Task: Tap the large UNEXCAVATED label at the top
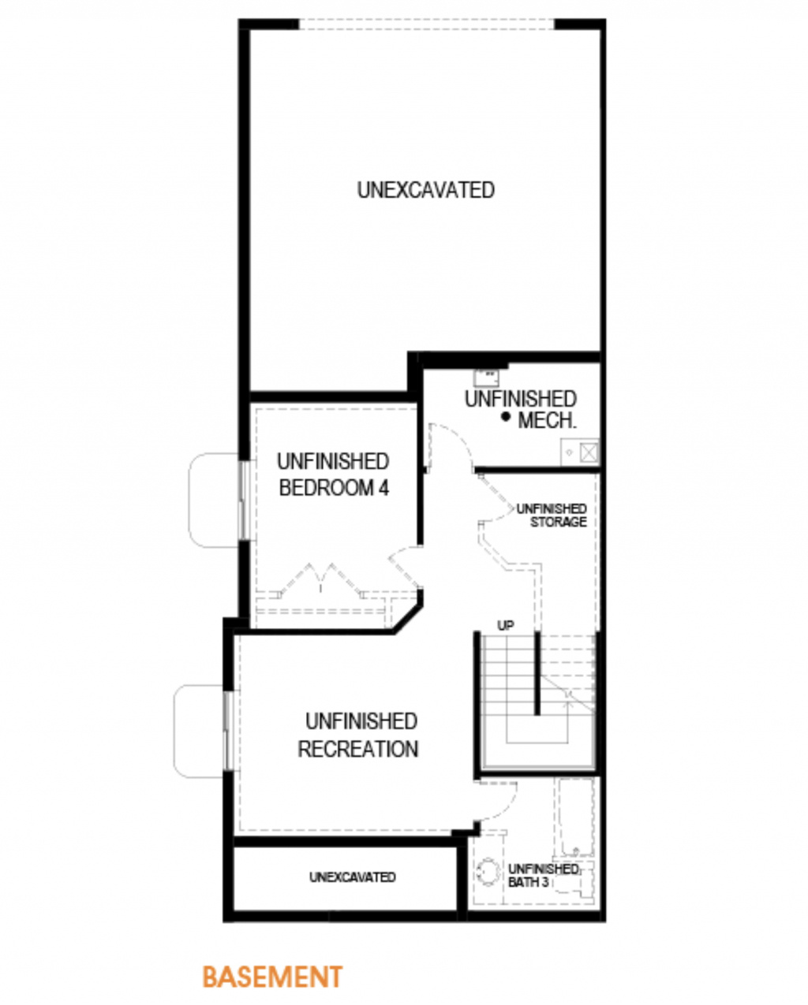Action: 425,190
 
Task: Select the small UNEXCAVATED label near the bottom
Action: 353,877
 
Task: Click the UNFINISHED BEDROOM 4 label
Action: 333,475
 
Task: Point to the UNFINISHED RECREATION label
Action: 359,735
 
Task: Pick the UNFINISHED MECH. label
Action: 521,410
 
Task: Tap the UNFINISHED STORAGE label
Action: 552,515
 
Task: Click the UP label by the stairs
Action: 506,625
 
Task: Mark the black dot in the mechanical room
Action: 506,416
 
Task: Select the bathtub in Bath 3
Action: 574,817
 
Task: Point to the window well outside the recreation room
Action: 200,731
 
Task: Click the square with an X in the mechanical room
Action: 589,452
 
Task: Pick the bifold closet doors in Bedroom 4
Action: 321,580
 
